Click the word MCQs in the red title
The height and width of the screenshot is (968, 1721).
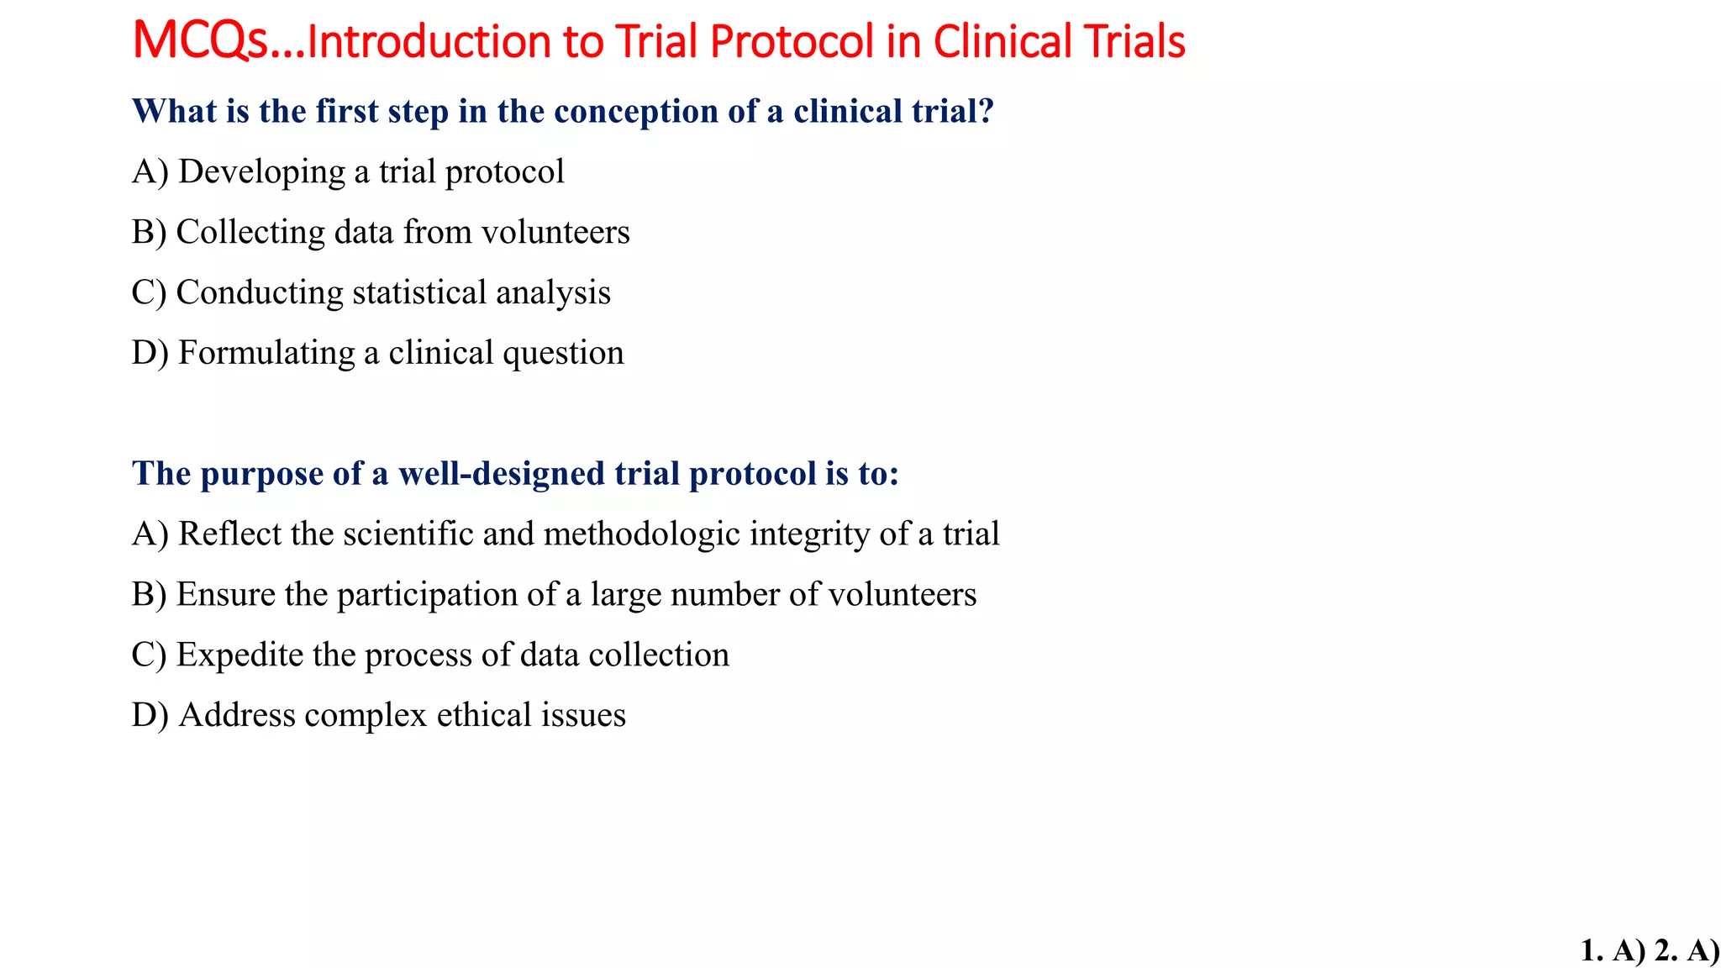click(200, 41)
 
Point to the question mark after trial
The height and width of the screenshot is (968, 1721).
click(987, 111)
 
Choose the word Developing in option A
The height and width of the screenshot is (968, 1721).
click(261, 172)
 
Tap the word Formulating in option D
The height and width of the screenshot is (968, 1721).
click(266, 353)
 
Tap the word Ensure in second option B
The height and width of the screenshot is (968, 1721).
click(226, 595)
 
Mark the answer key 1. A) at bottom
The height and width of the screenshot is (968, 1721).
click(1613, 950)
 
